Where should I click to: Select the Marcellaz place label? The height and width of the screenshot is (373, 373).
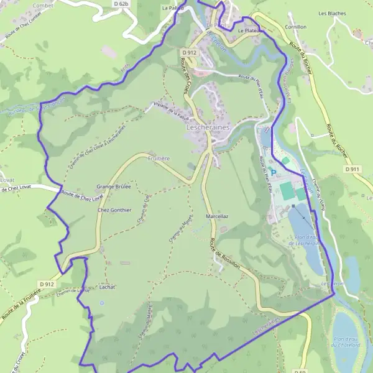point(217,216)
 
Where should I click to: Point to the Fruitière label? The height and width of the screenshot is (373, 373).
point(159,159)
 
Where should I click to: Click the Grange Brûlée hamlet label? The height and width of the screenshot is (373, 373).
point(113,186)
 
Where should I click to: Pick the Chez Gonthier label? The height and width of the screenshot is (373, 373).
point(115,210)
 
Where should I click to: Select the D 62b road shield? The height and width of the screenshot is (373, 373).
point(121,4)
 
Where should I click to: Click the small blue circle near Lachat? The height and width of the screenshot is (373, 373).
point(101,303)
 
